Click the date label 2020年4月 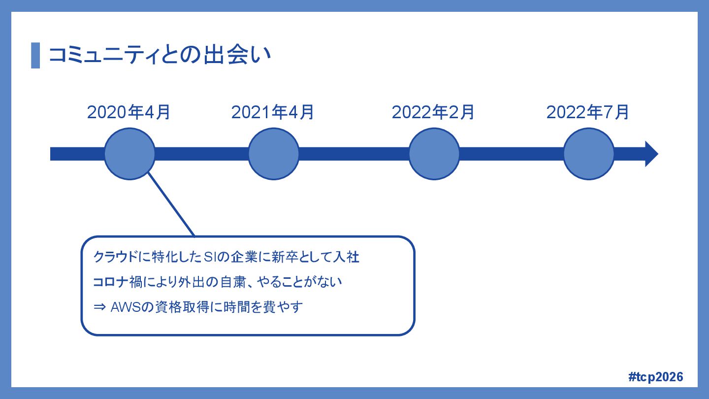129,112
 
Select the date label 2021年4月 273,112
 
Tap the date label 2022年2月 433,112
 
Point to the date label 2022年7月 588,112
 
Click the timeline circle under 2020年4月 129,154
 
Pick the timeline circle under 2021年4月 273,154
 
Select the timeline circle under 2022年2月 434,154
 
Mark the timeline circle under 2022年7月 588,154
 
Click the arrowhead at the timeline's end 651,154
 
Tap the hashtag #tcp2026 656,377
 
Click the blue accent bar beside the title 35,55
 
